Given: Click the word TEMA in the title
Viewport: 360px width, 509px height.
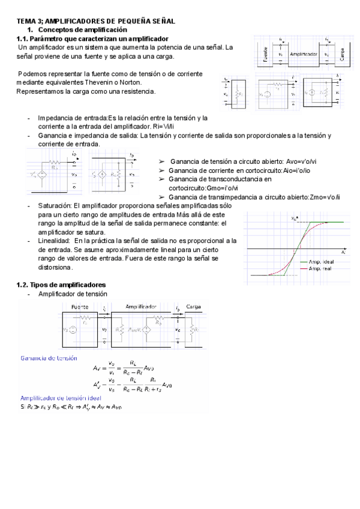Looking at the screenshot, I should point(26,21).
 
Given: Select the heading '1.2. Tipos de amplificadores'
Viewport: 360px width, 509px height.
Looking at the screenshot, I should point(61,284).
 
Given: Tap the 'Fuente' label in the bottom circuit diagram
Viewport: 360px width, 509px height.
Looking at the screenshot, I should point(80,306).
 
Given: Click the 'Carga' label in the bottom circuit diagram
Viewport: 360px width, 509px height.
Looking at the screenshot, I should point(193,306).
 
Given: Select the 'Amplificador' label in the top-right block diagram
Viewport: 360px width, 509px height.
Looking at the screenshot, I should point(303,54).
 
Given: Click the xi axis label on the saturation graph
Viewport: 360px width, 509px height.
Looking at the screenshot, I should point(343,253).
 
